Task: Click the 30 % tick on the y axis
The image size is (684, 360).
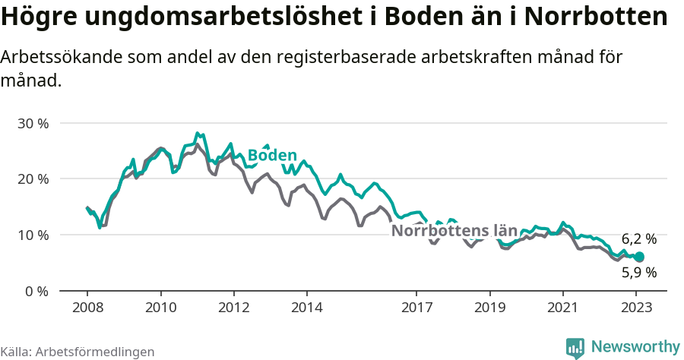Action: pyautogui.click(x=33, y=123)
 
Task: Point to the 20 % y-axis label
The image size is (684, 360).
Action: pyautogui.click(x=33, y=179)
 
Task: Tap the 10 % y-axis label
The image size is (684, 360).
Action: pyautogui.click(x=33, y=235)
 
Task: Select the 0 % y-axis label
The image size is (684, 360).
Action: pyautogui.click(x=36, y=291)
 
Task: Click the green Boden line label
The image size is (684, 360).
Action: pyautogui.click(x=272, y=156)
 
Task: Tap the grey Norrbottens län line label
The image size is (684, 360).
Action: pyautogui.click(x=454, y=231)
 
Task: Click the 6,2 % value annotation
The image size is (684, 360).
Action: pyautogui.click(x=638, y=239)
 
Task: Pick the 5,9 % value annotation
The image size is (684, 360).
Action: pyautogui.click(x=638, y=272)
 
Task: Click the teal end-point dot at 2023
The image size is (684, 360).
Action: pyautogui.click(x=639, y=257)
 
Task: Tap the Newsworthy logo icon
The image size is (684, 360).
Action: pyautogui.click(x=575, y=348)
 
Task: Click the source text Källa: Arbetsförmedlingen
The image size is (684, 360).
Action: pyautogui.click(x=78, y=352)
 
